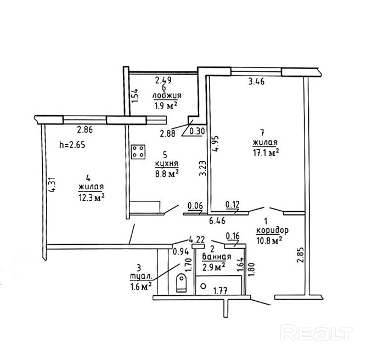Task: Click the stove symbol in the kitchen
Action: [x=139, y=151]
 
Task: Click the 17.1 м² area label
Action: [x=266, y=154]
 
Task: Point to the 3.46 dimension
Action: [x=257, y=83]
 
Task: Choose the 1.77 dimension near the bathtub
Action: [x=221, y=291]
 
